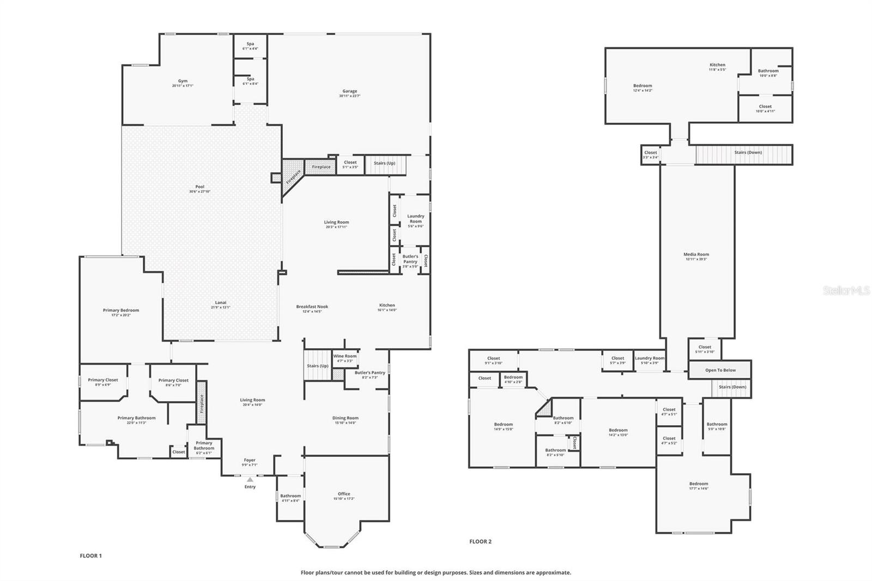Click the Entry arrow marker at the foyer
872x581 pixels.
click(x=250, y=480)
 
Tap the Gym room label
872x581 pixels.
click(x=183, y=81)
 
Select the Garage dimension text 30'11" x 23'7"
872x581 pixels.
click(x=349, y=96)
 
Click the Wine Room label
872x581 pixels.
click(x=345, y=356)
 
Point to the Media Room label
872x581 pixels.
click(x=696, y=254)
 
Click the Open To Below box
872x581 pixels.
click(x=720, y=370)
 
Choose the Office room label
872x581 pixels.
click(x=344, y=494)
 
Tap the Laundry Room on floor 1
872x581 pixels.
click(x=415, y=219)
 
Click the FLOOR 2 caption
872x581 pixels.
click(x=480, y=541)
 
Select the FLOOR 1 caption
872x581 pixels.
click(x=90, y=556)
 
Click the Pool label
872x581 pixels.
click(x=199, y=186)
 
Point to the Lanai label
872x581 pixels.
click(x=220, y=302)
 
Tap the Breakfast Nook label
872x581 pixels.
click(x=312, y=306)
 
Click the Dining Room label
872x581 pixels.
click(x=345, y=418)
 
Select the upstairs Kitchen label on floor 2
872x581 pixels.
click(x=717, y=65)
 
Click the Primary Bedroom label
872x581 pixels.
click(x=120, y=310)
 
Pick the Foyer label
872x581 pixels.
click(x=249, y=460)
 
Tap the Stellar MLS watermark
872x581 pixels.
click(x=846, y=291)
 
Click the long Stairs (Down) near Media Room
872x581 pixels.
click(x=747, y=153)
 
